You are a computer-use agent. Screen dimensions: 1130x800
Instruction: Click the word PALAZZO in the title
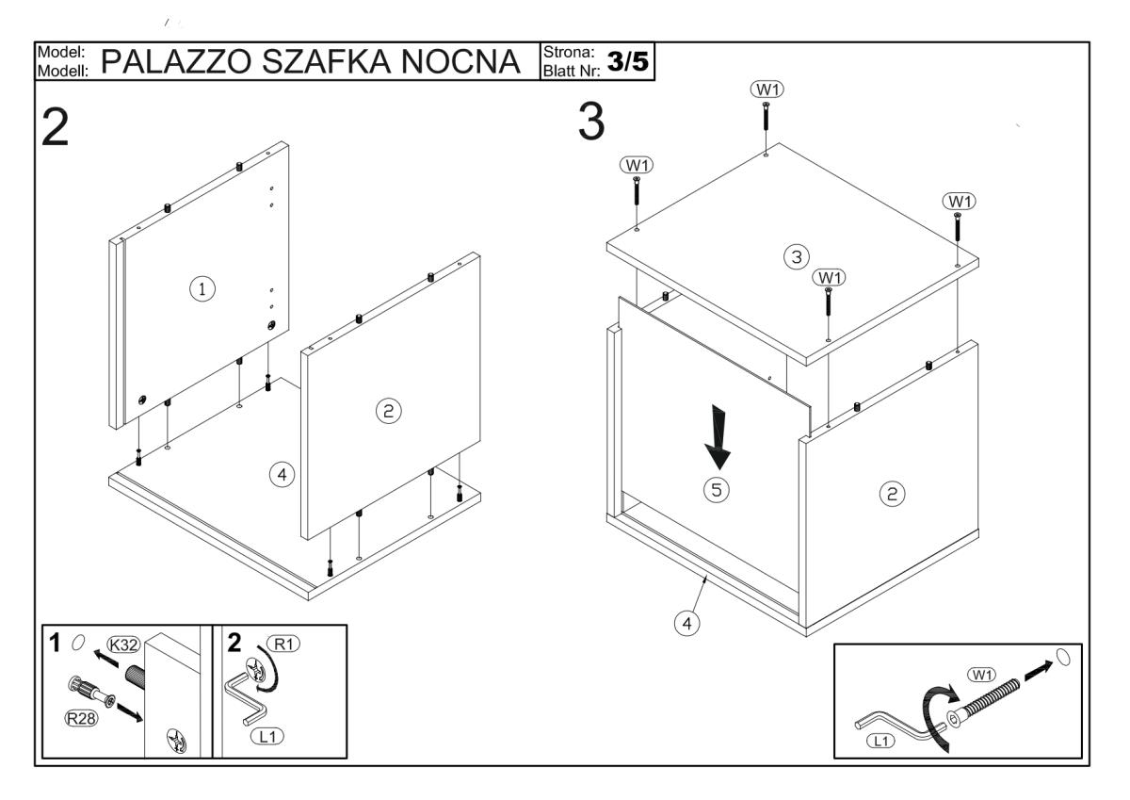pyautogui.click(x=176, y=61)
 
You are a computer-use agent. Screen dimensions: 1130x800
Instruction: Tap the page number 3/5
pyautogui.click(x=627, y=61)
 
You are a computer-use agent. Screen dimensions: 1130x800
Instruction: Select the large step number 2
pyautogui.click(x=55, y=128)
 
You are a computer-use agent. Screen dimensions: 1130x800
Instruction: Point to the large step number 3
pyautogui.click(x=591, y=122)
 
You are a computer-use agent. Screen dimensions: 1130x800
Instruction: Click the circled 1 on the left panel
pyautogui.click(x=202, y=289)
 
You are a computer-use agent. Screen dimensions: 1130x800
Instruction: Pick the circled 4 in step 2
pyautogui.click(x=282, y=475)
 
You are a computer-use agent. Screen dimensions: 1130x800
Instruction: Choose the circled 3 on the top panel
pyautogui.click(x=797, y=257)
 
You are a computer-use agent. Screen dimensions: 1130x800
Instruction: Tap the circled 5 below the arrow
pyautogui.click(x=717, y=490)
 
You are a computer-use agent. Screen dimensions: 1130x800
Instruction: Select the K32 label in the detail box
pyautogui.click(x=123, y=645)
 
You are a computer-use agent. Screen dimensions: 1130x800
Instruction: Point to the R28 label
pyautogui.click(x=81, y=718)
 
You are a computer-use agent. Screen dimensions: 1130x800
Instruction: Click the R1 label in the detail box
pyautogui.click(x=284, y=644)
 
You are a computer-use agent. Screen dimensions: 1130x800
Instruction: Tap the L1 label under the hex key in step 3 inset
pyautogui.click(x=880, y=741)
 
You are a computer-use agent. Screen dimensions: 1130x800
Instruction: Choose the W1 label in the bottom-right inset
pyautogui.click(x=981, y=675)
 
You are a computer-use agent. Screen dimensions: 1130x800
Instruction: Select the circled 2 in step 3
pyautogui.click(x=893, y=494)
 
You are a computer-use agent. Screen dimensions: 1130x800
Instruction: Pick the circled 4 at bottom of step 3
pyautogui.click(x=687, y=624)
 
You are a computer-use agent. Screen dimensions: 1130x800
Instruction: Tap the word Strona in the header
pyautogui.click(x=569, y=52)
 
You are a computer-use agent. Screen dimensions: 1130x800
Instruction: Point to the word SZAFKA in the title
pyautogui.click(x=326, y=61)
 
